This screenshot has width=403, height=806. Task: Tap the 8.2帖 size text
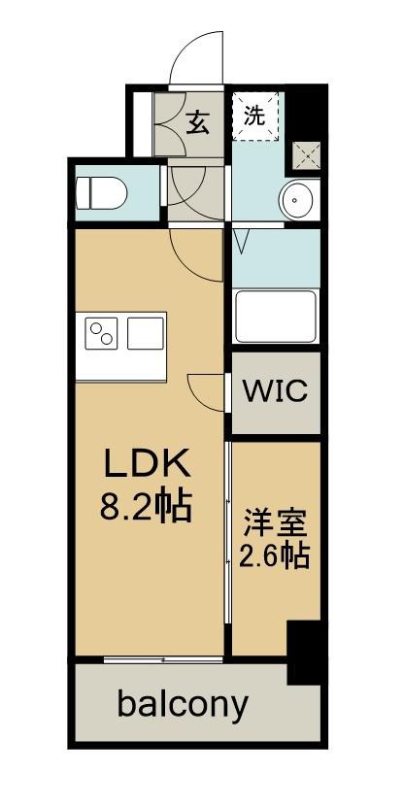(x=146, y=506)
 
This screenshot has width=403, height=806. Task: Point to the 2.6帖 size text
(x=274, y=557)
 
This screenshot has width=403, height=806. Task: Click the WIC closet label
(x=275, y=392)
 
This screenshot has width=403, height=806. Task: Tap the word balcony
(x=183, y=703)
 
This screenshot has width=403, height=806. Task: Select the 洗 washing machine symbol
(x=253, y=117)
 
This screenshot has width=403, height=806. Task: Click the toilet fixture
(x=100, y=191)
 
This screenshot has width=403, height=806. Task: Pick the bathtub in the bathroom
(x=276, y=316)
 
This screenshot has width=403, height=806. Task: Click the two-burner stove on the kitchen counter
(x=102, y=334)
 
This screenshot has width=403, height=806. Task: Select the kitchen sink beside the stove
(x=146, y=333)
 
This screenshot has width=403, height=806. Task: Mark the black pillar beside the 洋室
(x=306, y=650)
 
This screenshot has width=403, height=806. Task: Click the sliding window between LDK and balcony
(x=163, y=659)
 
